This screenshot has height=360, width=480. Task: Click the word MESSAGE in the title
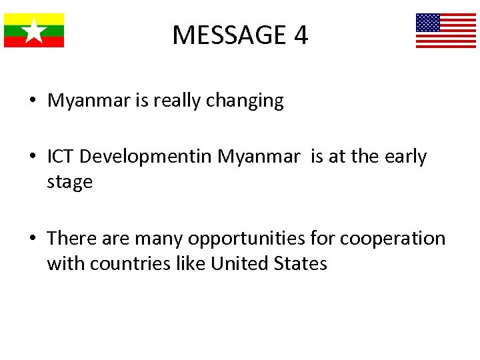tap(228, 35)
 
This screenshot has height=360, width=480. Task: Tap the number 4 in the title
tap(301, 35)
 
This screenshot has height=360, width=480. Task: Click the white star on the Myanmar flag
tap(34, 31)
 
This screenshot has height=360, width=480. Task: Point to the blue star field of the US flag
tap(428, 23)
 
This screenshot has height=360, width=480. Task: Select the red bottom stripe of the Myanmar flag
tap(34, 42)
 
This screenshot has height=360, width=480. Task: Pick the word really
tap(177, 101)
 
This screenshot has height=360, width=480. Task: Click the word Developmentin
tap(147, 157)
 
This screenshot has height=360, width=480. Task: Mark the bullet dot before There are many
tap(33, 239)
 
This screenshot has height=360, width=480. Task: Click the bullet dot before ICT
tap(33, 157)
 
